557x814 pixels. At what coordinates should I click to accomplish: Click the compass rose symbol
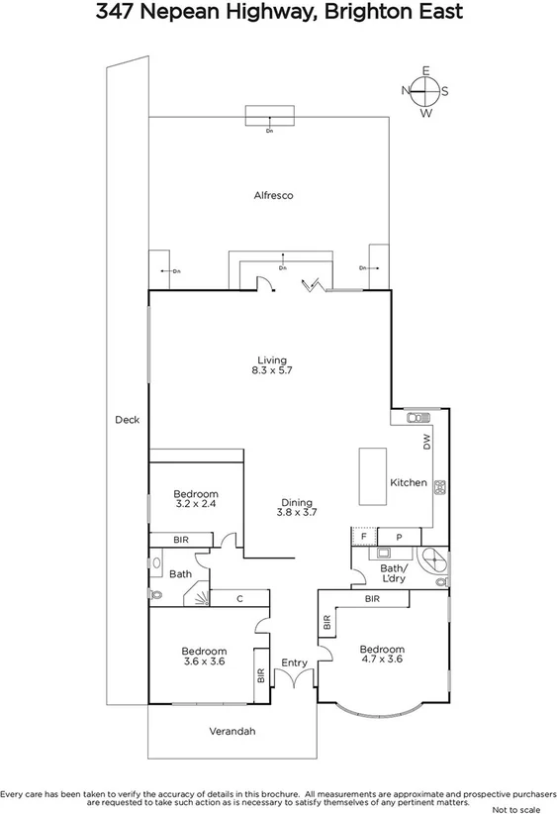[425, 91]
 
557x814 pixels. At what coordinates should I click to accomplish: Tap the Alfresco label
[272, 196]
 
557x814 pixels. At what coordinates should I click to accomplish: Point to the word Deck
[127, 420]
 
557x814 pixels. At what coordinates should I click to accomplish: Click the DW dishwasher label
[427, 443]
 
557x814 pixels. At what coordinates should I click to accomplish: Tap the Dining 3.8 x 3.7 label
[296, 508]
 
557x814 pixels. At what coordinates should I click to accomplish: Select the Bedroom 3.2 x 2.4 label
[196, 498]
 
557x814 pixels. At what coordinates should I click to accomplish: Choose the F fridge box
[363, 536]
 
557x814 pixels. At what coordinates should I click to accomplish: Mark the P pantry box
[399, 536]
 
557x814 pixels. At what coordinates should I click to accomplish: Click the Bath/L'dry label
[400, 573]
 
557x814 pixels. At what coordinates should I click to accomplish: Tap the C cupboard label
[239, 599]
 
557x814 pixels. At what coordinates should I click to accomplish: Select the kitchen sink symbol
[415, 417]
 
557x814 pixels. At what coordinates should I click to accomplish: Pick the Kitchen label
[408, 483]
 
